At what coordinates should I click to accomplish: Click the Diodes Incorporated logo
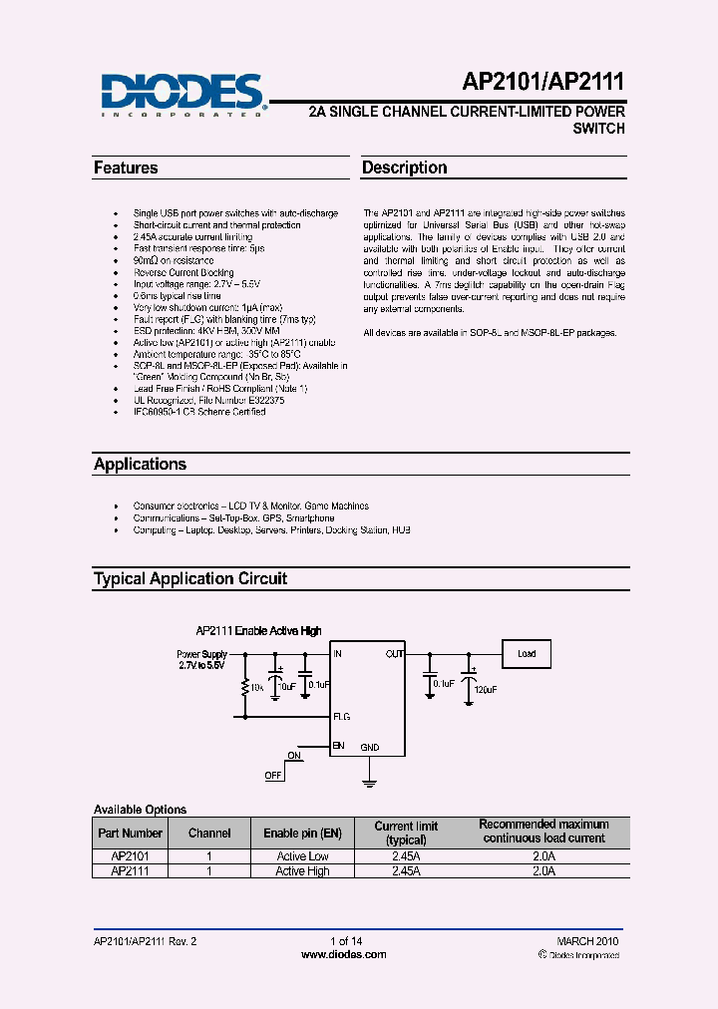pos(181,94)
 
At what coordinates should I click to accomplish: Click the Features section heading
pos(126,168)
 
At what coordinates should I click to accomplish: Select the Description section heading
pos(404,168)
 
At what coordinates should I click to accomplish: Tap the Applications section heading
pos(140,465)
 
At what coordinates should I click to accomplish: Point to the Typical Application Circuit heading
pos(189,579)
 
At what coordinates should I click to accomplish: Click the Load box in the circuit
pos(527,654)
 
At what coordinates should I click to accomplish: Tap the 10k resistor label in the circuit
pos(257,687)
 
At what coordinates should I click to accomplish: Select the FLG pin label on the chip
pos(341,717)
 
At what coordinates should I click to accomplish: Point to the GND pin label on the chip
pos(369,747)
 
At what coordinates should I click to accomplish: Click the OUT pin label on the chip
pos(395,654)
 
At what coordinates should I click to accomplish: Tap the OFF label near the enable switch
pos(272,775)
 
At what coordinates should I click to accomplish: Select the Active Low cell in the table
pos(302,856)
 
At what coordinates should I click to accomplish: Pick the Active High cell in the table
pos(302,871)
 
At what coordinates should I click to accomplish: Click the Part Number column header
pos(130,833)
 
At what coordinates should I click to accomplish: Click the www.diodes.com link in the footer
pos(344,954)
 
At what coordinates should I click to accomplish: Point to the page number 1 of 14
pos(344,941)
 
